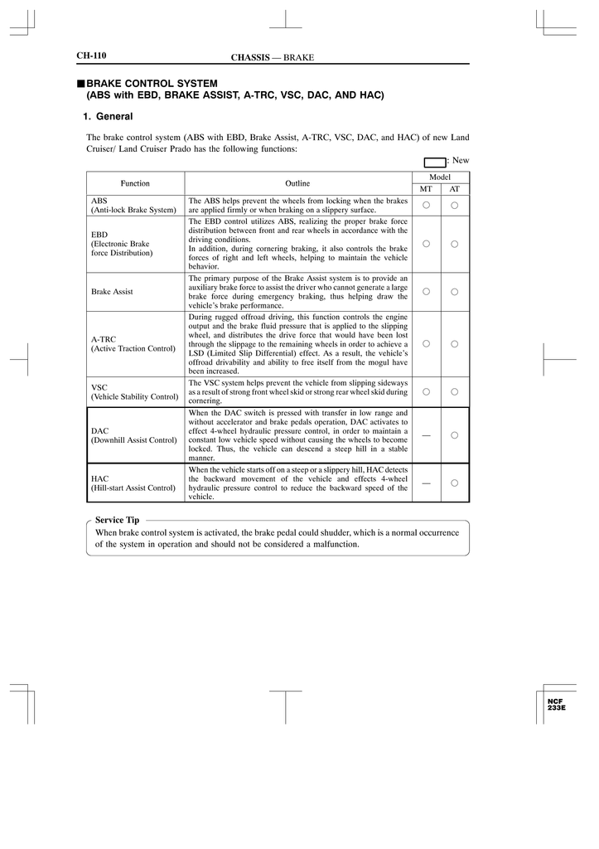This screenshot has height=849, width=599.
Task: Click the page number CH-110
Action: [91, 56]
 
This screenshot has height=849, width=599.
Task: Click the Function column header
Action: [135, 183]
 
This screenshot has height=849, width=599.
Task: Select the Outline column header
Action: [297, 183]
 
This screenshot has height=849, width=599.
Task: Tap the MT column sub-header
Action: [426, 189]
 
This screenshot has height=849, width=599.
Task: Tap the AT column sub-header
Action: [455, 189]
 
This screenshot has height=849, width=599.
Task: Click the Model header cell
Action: [440, 177]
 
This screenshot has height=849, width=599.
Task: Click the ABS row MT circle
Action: [426, 205]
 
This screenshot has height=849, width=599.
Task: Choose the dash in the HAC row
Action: [426, 483]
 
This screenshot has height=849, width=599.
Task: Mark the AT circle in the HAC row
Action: [455, 483]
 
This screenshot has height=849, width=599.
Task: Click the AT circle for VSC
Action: [455, 391]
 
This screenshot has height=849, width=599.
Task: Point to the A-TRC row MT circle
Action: [426, 343]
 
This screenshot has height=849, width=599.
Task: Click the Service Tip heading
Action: [117, 520]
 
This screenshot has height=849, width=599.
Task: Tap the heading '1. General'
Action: [109, 117]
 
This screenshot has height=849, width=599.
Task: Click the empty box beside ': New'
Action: [433, 161]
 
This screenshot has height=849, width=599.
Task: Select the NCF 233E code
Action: [556, 705]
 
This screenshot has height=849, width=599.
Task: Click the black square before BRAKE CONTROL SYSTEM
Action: [81, 84]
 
